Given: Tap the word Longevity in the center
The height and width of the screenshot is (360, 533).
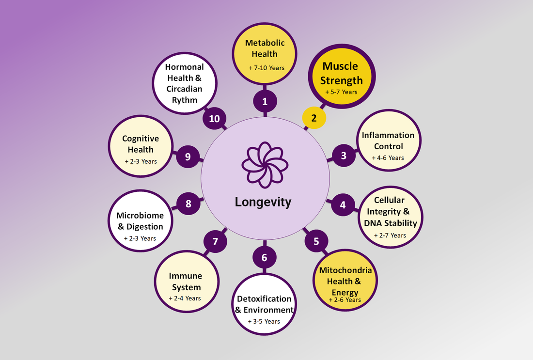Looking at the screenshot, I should pyautogui.click(x=263, y=202).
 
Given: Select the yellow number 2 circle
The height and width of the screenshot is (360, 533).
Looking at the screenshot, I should pyautogui.click(x=314, y=117).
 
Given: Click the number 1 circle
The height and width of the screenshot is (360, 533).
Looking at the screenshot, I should pyautogui.click(x=265, y=102).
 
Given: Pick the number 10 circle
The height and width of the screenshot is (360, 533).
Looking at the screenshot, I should pyautogui.click(x=214, y=119).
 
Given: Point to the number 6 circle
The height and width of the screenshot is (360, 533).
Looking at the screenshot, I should pyautogui.click(x=264, y=257).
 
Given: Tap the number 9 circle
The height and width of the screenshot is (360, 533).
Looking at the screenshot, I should pyautogui.click(x=188, y=157).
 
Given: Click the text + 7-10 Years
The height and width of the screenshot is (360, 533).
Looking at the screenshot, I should pyautogui.click(x=266, y=68).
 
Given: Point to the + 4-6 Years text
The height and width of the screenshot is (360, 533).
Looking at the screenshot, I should pyautogui.click(x=388, y=157).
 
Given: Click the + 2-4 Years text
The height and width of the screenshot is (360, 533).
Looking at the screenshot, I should pyautogui.click(x=185, y=298).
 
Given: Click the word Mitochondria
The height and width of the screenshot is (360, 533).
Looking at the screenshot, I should pyautogui.click(x=345, y=270).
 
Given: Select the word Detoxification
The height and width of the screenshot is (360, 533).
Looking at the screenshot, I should pyautogui.click(x=264, y=298).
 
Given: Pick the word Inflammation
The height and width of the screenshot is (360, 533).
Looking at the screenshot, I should pyautogui.click(x=388, y=135).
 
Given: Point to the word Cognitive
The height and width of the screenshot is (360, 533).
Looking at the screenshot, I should pyautogui.click(x=141, y=139).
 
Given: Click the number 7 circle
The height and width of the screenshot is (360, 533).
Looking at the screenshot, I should pyautogui.click(x=215, y=241).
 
